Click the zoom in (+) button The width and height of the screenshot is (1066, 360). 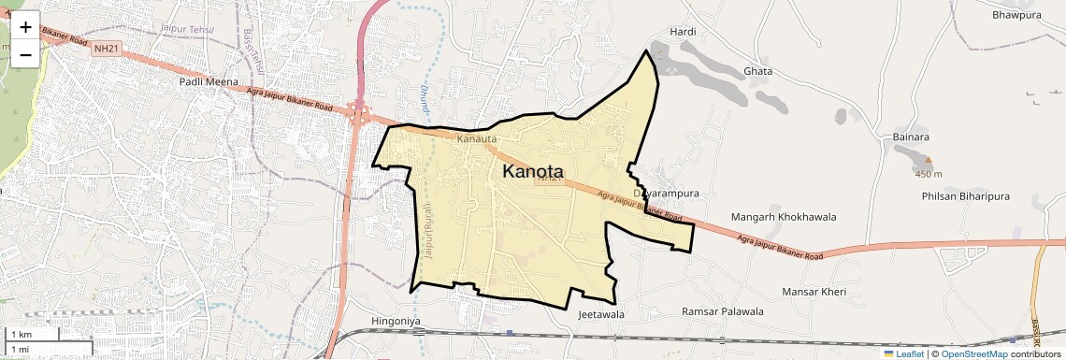tap(25, 26)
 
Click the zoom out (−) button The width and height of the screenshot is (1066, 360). tap(25, 54)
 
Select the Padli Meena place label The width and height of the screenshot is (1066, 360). tap(209, 82)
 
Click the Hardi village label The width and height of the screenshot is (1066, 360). tap(684, 32)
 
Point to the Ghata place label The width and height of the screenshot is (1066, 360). tap(756, 71)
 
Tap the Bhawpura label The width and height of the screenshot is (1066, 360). tap(1016, 15)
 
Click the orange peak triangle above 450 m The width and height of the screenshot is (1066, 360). tap(928, 161)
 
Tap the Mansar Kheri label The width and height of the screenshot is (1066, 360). tap(814, 293)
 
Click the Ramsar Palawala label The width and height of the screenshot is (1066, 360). tap(723, 311)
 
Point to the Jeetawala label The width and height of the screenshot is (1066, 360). tap(601, 315)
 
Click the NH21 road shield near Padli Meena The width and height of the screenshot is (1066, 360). tap(107, 49)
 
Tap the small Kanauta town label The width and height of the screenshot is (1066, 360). tap(477, 139)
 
